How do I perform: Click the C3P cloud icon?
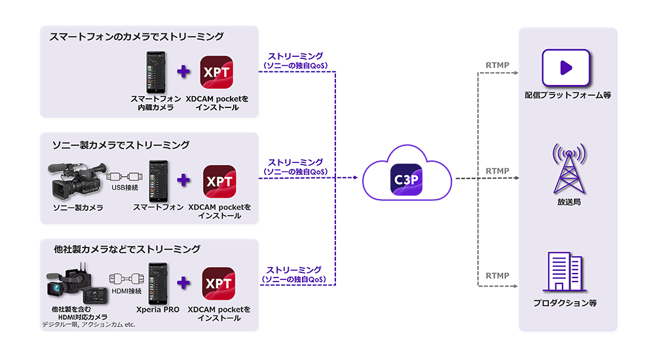pyautogui.click(x=407, y=177)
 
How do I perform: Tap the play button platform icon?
pyautogui.click(x=567, y=67)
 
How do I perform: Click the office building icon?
pyautogui.click(x=565, y=272)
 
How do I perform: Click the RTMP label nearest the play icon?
pyautogui.click(x=498, y=65)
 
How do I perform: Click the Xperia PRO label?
pyautogui.click(x=158, y=309)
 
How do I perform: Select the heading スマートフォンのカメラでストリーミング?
pyautogui.click(x=137, y=37)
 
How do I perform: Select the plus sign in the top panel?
pyautogui.click(x=184, y=71)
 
